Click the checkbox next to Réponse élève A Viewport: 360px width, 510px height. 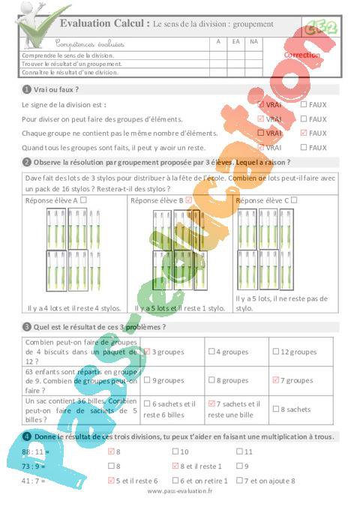83,200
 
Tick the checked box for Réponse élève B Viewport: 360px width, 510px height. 188,200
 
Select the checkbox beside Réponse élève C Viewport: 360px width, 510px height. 294,200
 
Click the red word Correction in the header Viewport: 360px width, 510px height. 302,55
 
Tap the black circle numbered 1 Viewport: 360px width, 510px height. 27,89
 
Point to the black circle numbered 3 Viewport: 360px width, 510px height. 27,327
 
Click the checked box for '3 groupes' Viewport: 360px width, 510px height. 148,351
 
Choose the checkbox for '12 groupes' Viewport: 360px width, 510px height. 276,351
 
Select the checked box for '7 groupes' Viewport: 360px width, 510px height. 276,380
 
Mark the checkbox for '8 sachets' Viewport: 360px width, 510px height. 276,409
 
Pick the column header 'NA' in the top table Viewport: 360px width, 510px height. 254,42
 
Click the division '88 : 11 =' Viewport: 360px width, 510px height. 35,451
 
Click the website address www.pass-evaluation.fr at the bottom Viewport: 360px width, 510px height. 180,491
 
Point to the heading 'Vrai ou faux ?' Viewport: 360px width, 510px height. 56,89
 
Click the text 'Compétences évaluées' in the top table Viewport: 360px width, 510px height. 90,44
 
